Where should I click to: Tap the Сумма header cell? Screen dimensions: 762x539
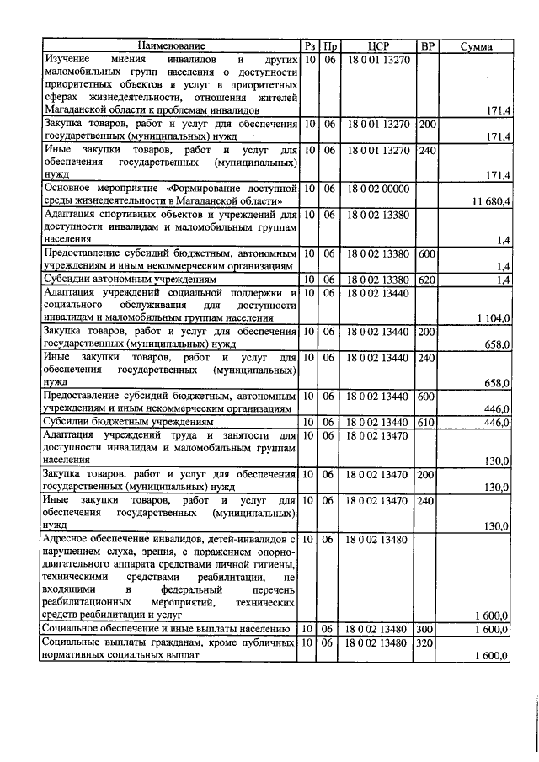477,45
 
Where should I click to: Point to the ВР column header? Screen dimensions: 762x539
427,45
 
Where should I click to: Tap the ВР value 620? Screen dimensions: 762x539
427,279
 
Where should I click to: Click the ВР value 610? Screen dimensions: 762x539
427,422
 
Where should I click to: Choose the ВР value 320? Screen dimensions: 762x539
427,643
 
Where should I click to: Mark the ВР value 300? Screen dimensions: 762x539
427,629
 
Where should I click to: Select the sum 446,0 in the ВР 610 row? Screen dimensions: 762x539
498,422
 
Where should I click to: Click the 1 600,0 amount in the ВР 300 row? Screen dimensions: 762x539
493,629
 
